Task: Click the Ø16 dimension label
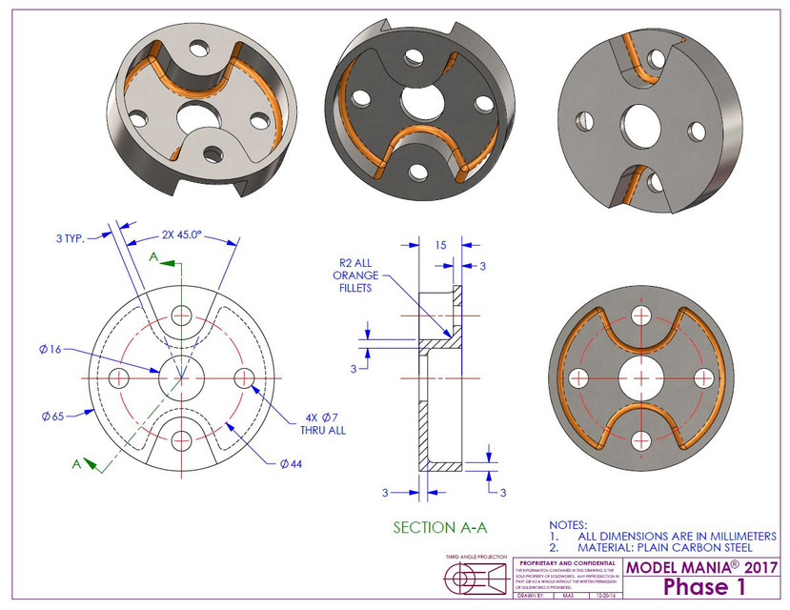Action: (51, 350)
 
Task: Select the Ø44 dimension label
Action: (291, 463)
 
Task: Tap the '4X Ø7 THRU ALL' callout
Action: (326, 424)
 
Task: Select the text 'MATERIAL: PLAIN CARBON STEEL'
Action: (665, 548)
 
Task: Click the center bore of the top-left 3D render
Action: (196, 113)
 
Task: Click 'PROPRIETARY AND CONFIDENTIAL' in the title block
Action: (566, 563)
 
